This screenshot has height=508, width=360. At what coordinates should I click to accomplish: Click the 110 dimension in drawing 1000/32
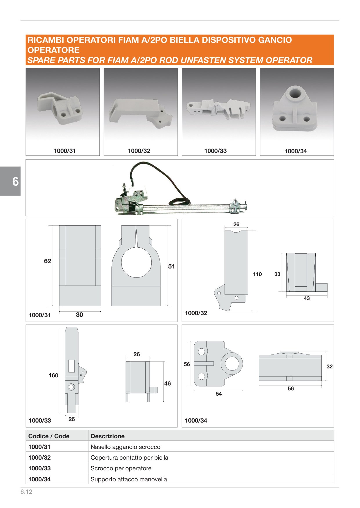(257, 274)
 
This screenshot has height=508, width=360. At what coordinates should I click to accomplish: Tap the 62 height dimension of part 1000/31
(48, 261)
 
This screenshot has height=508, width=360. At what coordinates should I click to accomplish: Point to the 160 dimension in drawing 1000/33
(53, 375)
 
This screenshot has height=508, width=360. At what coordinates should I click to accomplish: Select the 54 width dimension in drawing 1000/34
(219, 394)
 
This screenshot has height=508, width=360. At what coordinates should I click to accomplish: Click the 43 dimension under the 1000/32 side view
(307, 298)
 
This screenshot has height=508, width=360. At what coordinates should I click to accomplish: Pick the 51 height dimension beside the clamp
(171, 266)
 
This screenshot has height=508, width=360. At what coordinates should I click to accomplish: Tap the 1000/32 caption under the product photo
(139, 151)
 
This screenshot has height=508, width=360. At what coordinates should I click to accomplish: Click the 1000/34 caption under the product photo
(296, 151)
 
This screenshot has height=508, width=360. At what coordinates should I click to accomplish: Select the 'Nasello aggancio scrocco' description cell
(125, 447)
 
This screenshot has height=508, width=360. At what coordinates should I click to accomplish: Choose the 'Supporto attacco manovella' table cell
(129, 479)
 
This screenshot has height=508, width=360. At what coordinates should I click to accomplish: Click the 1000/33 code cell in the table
(39, 468)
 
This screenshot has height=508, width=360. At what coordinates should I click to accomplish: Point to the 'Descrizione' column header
(108, 436)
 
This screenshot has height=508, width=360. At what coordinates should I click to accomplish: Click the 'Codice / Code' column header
(49, 436)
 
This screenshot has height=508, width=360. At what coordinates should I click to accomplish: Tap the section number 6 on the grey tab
(15, 182)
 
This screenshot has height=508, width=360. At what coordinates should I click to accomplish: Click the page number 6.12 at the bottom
(26, 492)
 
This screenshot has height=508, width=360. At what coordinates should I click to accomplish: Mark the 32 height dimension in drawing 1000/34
(330, 366)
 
